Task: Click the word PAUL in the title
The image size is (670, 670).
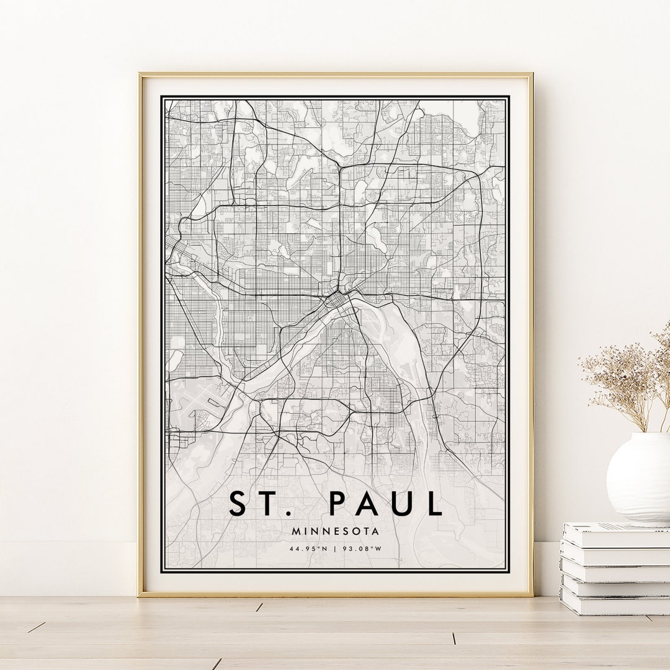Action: tap(386, 503)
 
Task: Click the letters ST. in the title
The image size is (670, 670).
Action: tap(255, 503)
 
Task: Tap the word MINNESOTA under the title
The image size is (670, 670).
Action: tap(335, 531)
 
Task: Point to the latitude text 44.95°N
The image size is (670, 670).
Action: tap(308, 548)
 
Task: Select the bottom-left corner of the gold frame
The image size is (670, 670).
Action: tap(140, 594)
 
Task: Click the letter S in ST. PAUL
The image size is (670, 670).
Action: tap(238, 503)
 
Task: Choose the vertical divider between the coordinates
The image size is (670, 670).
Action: tap(335, 548)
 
